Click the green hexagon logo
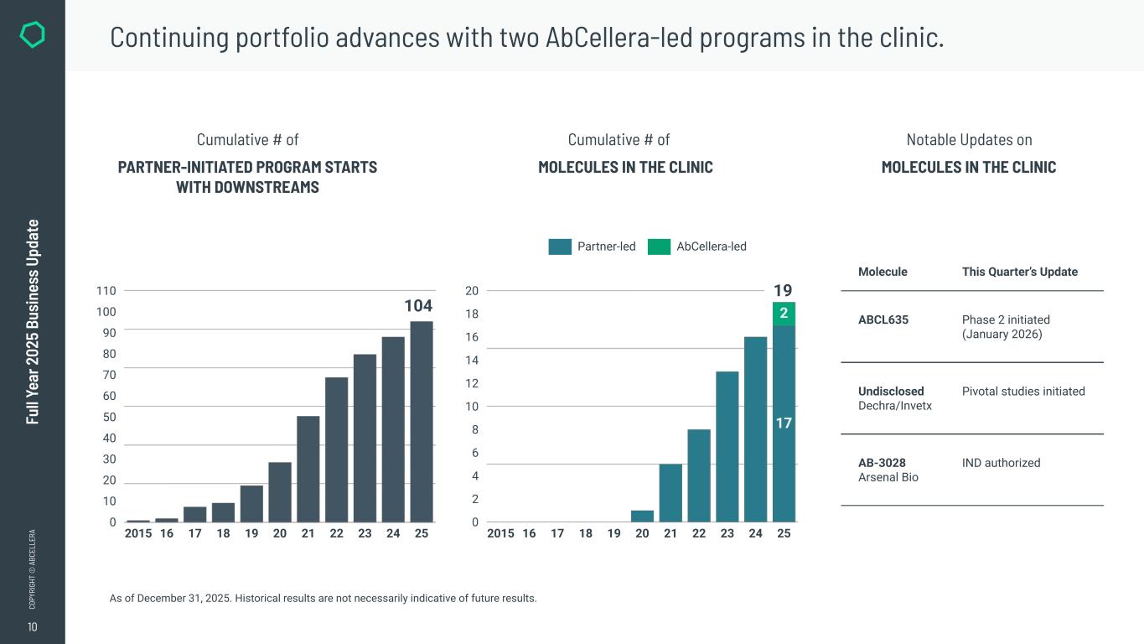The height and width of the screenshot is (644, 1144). point(32,35)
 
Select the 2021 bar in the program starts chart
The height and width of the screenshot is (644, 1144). point(308,469)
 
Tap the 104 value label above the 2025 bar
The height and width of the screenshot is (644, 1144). point(418,306)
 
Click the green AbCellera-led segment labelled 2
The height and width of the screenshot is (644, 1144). point(784,314)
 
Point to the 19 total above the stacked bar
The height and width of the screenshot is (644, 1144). point(783,291)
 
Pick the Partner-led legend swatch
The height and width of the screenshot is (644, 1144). point(560,247)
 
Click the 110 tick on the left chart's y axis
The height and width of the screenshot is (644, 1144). point(106,291)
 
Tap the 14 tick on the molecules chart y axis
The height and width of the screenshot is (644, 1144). point(472,361)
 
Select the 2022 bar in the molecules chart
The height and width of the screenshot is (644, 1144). point(699,475)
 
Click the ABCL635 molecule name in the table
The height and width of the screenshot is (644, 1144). point(883,319)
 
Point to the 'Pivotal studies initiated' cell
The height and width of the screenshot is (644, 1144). point(1023,392)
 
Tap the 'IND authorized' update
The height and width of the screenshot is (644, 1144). point(1001,463)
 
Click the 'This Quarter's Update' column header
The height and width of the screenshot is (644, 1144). point(1019,272)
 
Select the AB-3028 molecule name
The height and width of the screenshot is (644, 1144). point(882,463)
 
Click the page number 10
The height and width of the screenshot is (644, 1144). point(32,627)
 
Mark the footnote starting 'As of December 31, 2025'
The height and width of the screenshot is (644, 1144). point(323,598)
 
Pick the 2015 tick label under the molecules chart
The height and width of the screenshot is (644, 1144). point(500,533)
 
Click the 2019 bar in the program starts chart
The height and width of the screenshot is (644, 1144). point(251,503)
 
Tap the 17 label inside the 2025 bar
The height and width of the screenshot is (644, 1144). point(784,423)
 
